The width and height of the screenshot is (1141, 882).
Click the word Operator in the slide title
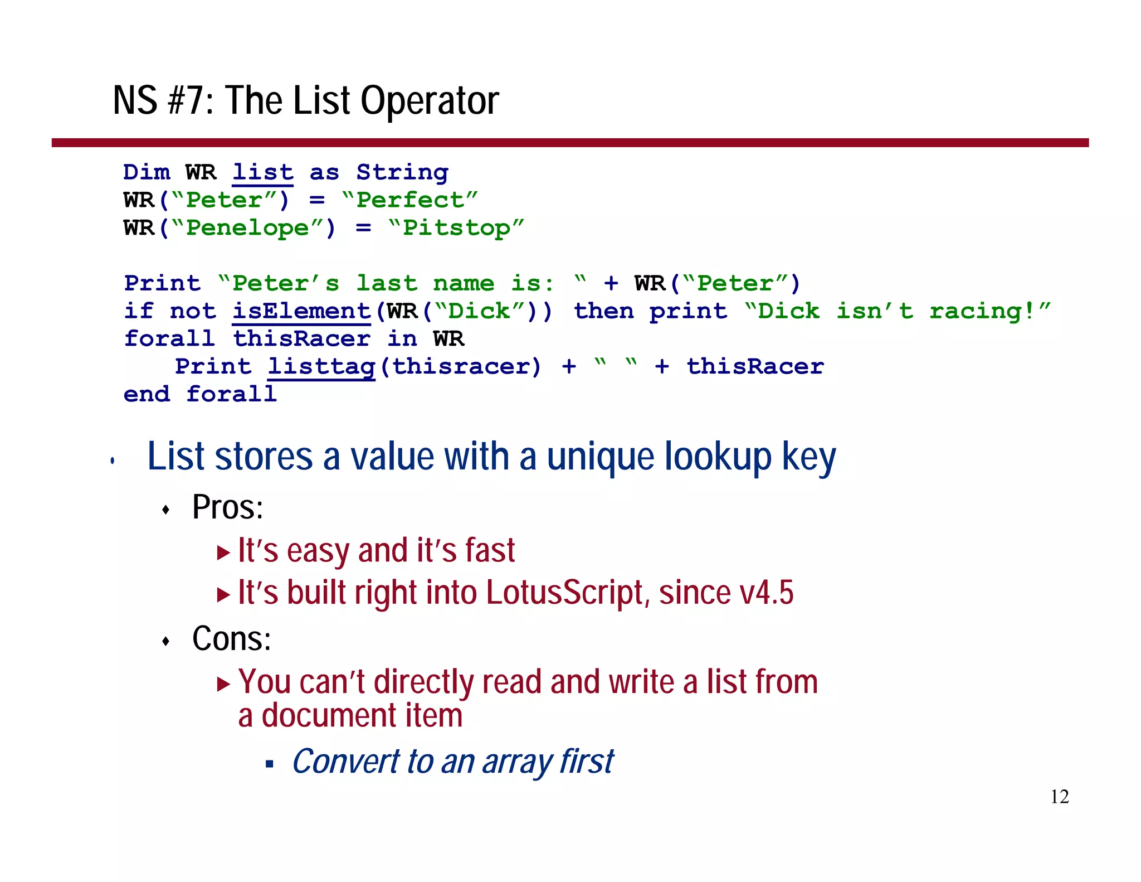[x=430, y=101]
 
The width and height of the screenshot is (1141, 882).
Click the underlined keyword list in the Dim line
[x=262, y=172]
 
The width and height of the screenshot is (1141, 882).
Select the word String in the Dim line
[x=402, y=172]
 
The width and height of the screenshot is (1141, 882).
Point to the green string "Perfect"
[x=410, y=200]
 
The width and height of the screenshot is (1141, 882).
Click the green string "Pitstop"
[x=456, y=228]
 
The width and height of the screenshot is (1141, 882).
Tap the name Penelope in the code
[x=247, y=228]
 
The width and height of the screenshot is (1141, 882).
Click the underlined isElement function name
[x=301, y=311]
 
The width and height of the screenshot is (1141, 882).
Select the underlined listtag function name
[x=321, y=367]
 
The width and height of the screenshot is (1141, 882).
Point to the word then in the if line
[x=604, y=311]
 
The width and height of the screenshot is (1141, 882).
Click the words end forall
[x=200, y=394]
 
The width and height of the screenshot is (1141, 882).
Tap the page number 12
[x=1059, y=797]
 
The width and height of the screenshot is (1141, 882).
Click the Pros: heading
[x=227, y=507]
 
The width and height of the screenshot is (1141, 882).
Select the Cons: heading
[x=231, y=639]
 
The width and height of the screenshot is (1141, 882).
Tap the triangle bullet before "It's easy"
[x=223, y=553]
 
